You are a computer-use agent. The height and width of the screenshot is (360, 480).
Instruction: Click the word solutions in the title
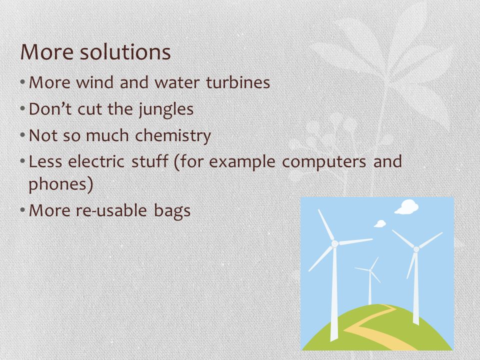(125, 51)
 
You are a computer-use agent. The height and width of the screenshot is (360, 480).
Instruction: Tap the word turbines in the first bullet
(238, 82)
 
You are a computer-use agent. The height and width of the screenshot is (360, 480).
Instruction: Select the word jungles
(166, 110)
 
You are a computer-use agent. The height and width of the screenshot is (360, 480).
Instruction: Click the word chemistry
(173, 136)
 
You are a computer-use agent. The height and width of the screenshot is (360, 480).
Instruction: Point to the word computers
(324, 162)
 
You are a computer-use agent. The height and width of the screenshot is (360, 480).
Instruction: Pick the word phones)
(60, 184)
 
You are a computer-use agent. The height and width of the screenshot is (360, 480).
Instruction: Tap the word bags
(172, 211)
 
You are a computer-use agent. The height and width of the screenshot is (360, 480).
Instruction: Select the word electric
(96, 161)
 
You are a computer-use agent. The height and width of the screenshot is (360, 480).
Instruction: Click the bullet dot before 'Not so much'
(22, 135)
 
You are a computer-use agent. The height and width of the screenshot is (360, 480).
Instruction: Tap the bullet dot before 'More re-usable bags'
(22, 210)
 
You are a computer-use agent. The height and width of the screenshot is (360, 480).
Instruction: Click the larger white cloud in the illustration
(406, 207)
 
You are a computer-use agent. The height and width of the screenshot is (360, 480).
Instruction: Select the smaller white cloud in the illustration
(380, 224)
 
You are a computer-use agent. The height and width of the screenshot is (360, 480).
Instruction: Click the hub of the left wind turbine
(334, 244)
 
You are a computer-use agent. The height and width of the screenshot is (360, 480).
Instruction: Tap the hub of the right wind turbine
(416, 249)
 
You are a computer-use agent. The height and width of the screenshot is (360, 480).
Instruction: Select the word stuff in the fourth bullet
(149, 161)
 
